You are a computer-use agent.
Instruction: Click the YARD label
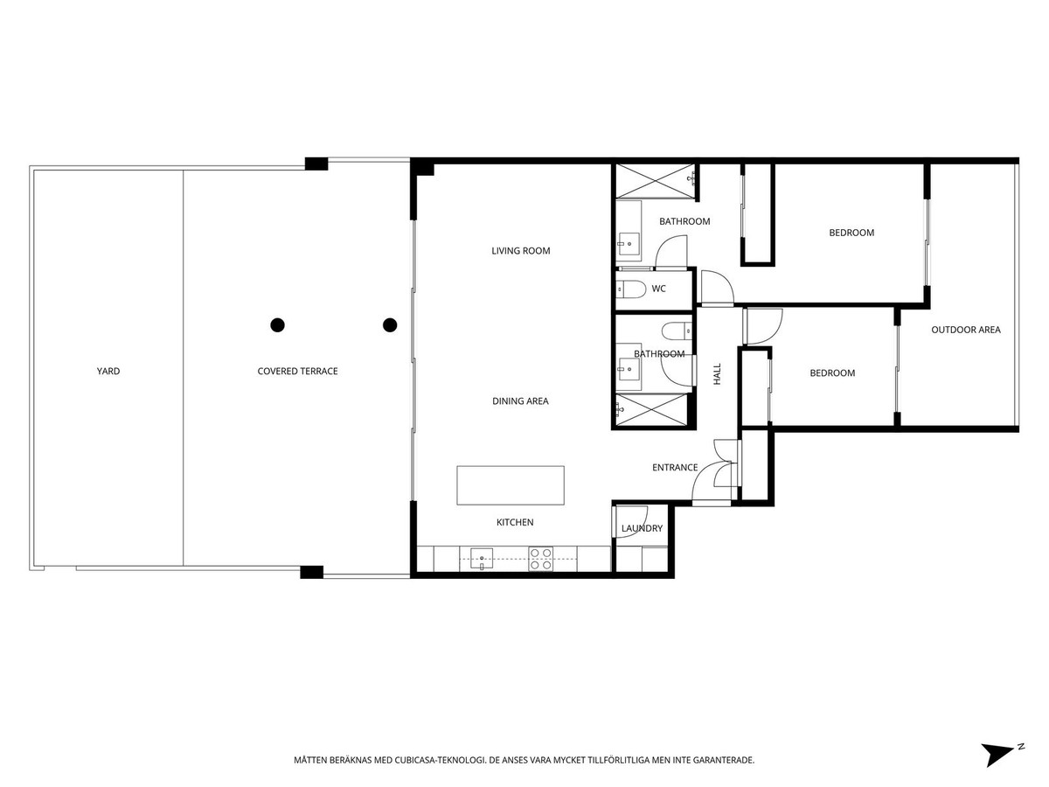[x=108, y=372]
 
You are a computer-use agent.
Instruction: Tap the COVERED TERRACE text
[x=297, y=372]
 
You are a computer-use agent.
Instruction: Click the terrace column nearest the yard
[x=277, y=325]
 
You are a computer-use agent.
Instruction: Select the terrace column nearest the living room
[x=390, y=325]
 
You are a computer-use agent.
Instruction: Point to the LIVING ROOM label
[x=520, y=251]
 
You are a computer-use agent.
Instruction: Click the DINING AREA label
[x=520, y=401]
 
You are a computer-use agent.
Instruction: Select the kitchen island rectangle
[x=511, y=485]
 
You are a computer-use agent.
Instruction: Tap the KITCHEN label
[x=515, y=522]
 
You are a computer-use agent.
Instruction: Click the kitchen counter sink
[x=482, y=559]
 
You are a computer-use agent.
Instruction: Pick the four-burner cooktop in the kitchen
[x=540, y=559]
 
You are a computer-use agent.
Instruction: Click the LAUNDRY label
[x=642, y=529]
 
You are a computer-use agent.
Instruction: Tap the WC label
[x=659, y=289]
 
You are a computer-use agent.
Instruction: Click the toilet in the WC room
[x=631, y=289]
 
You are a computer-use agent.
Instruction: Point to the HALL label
[x=718, y=376]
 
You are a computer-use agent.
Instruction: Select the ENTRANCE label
[x=675, y=468]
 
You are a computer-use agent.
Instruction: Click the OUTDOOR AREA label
[x=965, y=330]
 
